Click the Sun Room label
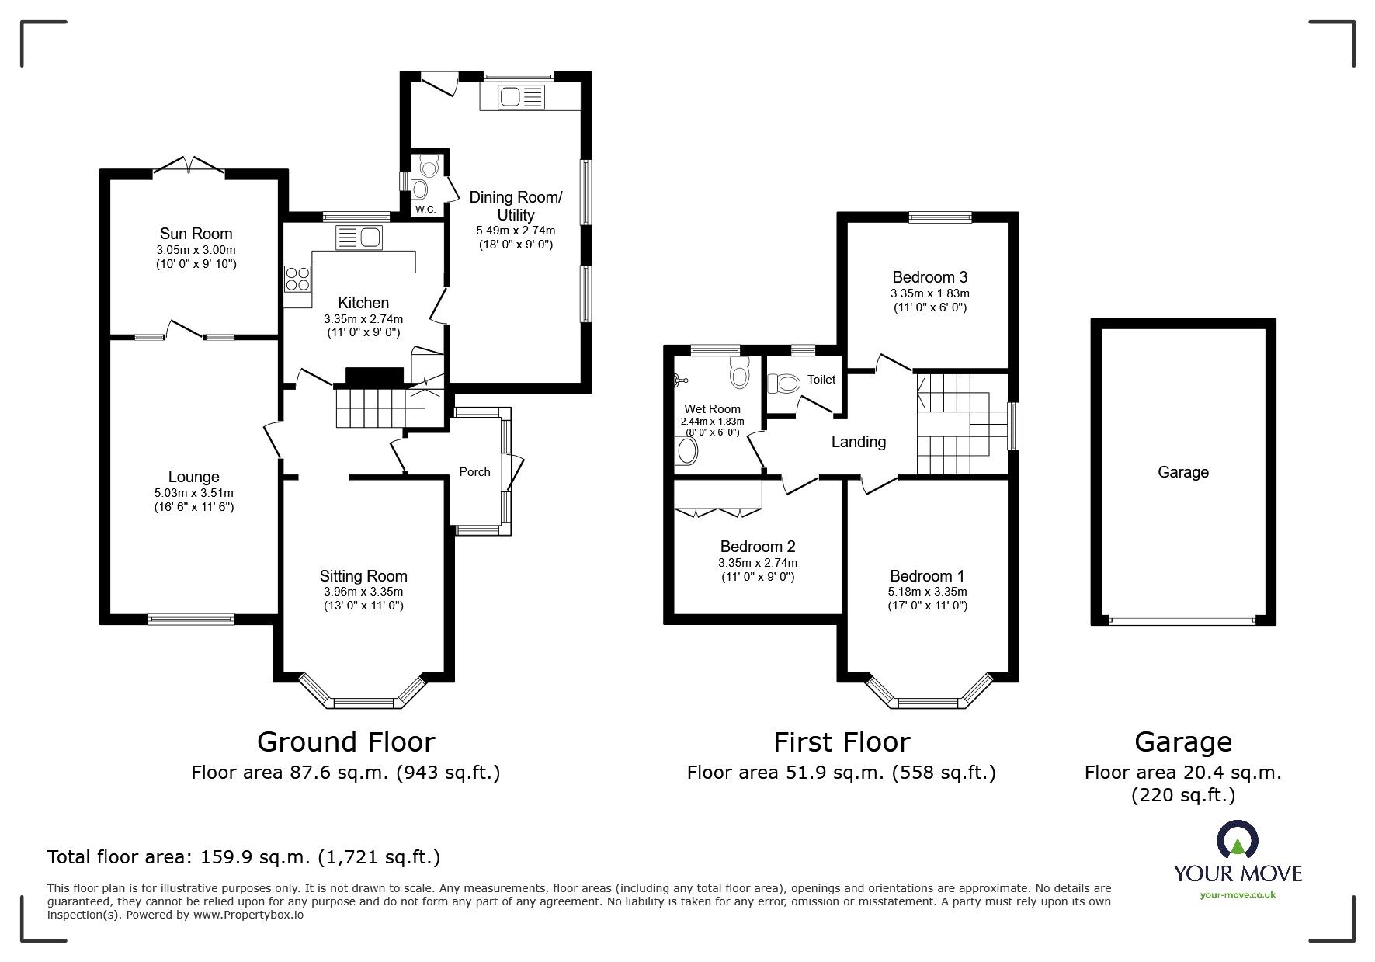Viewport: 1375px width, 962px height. pos(196,234)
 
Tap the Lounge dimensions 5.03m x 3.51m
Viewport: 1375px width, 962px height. pos(194,493)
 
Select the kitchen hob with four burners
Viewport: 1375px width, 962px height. pos(297,278)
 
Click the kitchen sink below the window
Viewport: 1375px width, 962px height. pos(359,237)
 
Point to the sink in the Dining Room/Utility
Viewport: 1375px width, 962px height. pos(513,97)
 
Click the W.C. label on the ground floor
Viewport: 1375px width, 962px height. pos(425,210)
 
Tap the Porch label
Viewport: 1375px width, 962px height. pos(475,471)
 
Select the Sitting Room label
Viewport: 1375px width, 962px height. pos(363,576)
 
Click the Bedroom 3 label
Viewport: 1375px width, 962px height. pos(930,277)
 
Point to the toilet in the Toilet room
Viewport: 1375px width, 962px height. pos(783,384)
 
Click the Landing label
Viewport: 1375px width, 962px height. pos(859,442)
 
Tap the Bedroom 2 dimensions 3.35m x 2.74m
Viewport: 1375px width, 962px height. pos(758,563)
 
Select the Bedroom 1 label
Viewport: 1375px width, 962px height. pos(927,576)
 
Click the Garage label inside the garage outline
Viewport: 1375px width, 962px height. pos(1183,472)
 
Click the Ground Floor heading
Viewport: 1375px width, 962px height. pos(345,742)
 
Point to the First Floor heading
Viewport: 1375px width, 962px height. pos(842,742)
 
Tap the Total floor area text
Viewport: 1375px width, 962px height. pos(244,857)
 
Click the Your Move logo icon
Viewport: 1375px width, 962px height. pos(1238,840)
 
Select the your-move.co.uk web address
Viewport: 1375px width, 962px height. pos(1238,895)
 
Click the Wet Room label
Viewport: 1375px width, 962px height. pos(712,409)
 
